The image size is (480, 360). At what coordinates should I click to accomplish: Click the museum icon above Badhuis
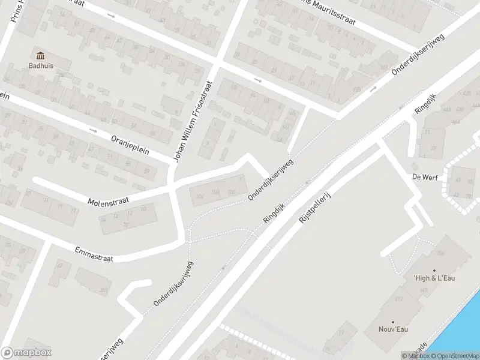pos(40,56)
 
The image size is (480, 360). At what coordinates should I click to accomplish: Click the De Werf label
pos(423,177)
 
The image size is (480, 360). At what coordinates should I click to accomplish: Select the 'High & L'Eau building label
pos(434,278)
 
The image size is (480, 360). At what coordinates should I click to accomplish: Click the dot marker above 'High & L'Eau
pos(434,269)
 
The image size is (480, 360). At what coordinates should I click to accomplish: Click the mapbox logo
pos(26,353)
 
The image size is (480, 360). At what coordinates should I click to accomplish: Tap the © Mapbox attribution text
pos(416,356)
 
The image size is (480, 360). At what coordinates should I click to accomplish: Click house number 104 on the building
pos(200,196)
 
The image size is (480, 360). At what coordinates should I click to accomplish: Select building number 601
pos(424,290)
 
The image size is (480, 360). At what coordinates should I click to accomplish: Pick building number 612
pos(399,298)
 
